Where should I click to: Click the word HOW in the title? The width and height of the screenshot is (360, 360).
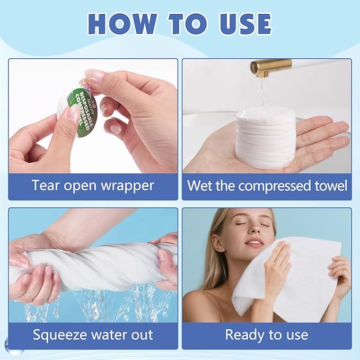click(122, 24)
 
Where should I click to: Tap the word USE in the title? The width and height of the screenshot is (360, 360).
click(245, 24)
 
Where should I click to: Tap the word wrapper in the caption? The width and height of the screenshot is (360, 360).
click(128, 186)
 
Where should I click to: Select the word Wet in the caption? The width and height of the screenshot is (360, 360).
click(200, 185)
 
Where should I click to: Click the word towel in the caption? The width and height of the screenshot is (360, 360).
click(331, 185)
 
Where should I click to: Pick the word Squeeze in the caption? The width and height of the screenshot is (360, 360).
click(60, 335)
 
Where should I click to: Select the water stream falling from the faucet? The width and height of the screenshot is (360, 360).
click(264, 93)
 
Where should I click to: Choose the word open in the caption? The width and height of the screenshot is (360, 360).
click(81, 186)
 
